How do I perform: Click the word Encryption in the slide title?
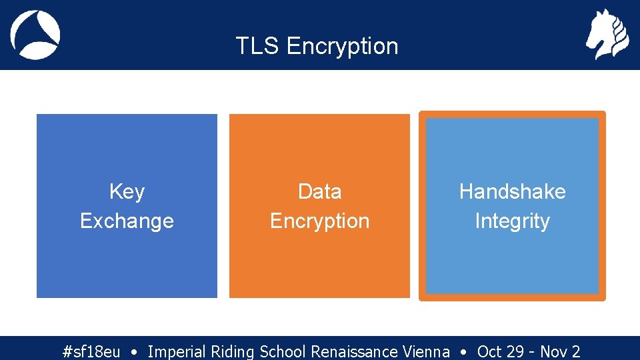tap(342, 47)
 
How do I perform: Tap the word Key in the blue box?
tap(127, 192)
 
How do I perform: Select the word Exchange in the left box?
tap(127, 221)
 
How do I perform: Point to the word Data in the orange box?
tap(319, 192)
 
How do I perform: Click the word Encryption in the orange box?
tap(319, 221)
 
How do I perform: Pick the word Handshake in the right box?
tap(512, 192)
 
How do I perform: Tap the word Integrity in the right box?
tap(512, 221)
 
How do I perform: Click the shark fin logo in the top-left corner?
tap(35, 35)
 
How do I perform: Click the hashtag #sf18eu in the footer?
tap(91, 351)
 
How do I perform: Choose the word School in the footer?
tap(283, 351)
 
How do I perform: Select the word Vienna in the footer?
tap(426, 351)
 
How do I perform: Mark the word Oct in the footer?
tap(490, 351)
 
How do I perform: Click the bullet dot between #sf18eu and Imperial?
tap(135, 351)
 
